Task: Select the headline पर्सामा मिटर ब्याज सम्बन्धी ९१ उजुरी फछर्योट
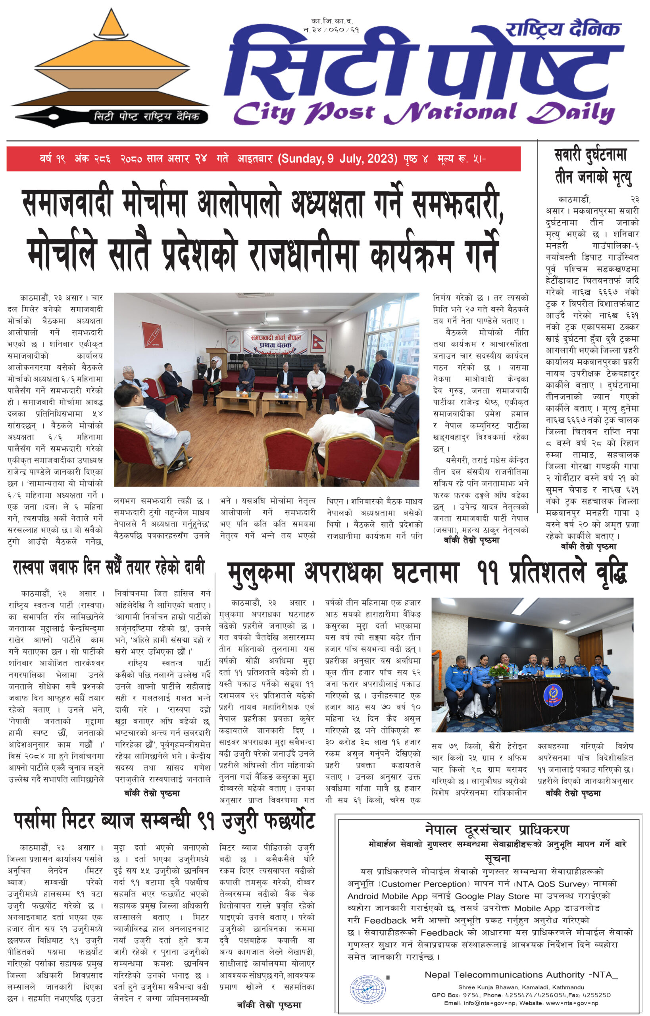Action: [x=164, y=821]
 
